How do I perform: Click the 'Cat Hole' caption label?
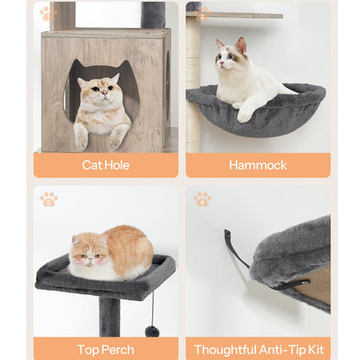pyautogui.click(x=106, y=164)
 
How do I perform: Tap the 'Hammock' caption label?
pyautogui.click(x=258, y=164)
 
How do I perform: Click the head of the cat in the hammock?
pyautogui.click(x=231, y=55)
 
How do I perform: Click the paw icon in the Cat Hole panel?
pyautogui.click(x=48, y=14)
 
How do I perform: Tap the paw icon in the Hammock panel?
pyautogui.click(x=202, y=14)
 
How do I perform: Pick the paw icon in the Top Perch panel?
pyautogui.click(x=48, y=198)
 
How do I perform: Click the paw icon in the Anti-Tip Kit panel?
pyautogui.click(x=202, y=198)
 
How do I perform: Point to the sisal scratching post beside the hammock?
pyautogui.click(x=193, y=69)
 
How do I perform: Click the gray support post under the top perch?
pyautogui.click(x=109, y=316)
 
